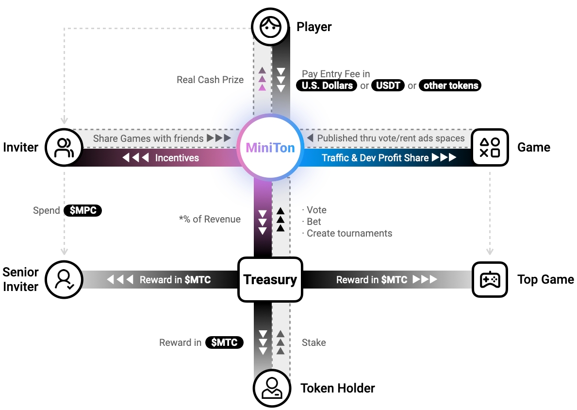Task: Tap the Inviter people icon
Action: (64, 147)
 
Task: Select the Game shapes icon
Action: (490, 147)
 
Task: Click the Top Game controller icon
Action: (490, 280)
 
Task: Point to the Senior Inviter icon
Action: (64, 280)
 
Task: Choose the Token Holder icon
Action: (271, 388)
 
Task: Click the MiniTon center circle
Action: (270, 147)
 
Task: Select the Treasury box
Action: (270, 280)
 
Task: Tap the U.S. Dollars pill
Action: (327, 86)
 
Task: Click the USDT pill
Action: (388, 86)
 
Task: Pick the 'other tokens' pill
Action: (450, 86)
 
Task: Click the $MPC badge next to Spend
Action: (83, 211)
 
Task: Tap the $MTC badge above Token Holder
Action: (224, 342)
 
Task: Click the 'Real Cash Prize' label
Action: (210, 80)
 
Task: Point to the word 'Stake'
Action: (313, 342)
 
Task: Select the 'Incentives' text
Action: (177, 158)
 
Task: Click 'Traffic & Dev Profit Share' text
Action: (375, 158)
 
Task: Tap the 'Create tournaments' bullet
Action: (349, 234)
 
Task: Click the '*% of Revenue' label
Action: (210, 219)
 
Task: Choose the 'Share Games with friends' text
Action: (148, 138)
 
